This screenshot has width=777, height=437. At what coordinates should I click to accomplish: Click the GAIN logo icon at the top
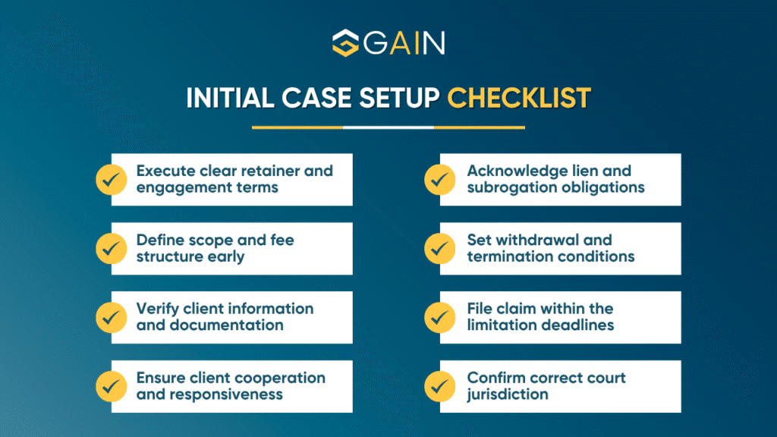(x=346, y=43)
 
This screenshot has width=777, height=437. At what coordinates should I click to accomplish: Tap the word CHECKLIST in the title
(x=518, y=98)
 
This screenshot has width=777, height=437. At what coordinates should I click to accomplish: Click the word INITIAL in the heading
(x=231, y=98)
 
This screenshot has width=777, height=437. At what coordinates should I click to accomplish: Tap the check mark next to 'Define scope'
(x=112, y=248)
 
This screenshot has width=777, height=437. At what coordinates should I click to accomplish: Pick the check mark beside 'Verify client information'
(x=112, y=317)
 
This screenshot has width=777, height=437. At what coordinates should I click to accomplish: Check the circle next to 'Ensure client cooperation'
(x=112, y=386)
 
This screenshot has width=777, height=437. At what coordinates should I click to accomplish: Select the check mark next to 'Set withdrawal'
(x=440, y=248)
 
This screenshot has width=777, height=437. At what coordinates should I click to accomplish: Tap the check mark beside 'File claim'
(x=440, y=317)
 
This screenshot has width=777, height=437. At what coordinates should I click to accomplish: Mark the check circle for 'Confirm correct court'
(x=440, y=386)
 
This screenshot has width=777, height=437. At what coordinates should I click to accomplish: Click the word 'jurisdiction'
(x=508, y=395)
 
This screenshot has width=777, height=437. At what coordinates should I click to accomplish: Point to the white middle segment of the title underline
(x=388, y=127)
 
